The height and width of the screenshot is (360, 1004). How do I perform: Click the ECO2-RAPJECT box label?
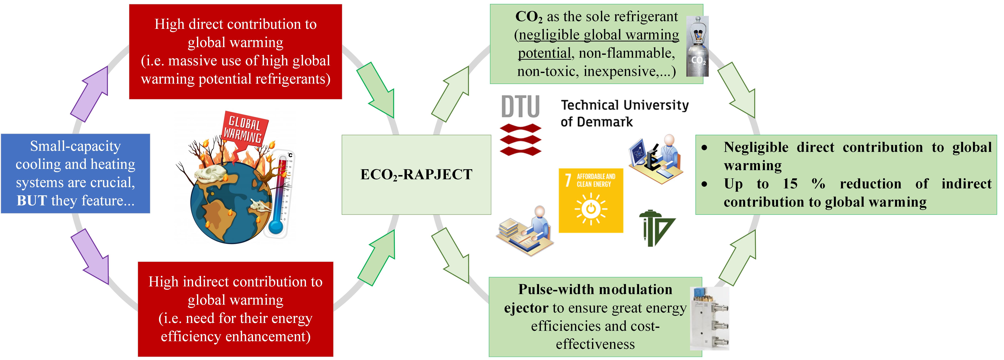pyautogui.click(x=416, y=175)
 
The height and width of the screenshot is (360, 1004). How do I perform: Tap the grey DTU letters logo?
pyautogui.click(x=520, y=106)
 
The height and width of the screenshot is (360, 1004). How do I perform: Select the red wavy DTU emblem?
pyautogui.click(x=520, y=139)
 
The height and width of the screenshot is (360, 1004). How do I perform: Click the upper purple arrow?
pyautogui.click(x=89, y=94)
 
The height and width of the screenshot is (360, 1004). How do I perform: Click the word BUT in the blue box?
pyautogui.click(x=32, y=201)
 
